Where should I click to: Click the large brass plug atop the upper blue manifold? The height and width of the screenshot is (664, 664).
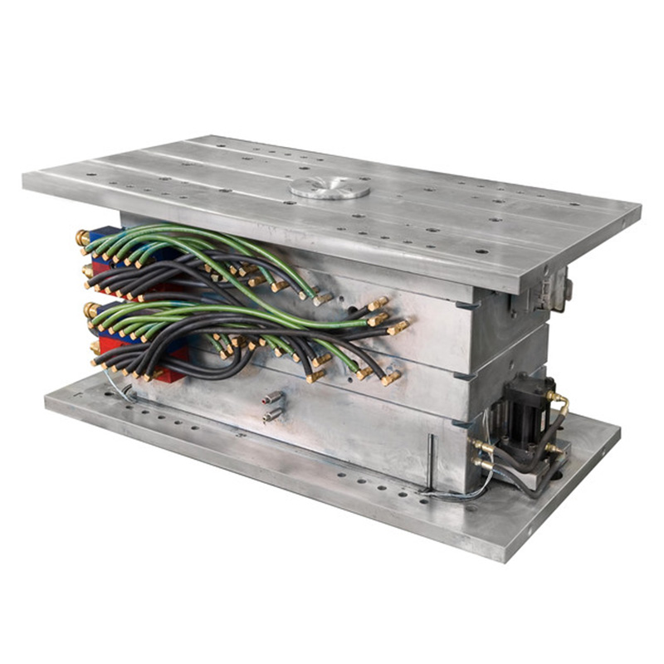click(x=84, y=239)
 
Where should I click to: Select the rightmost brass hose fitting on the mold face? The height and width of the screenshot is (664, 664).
click(x=398, y=327)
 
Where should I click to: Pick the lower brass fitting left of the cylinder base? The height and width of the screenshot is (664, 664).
click(x=482, y=466)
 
